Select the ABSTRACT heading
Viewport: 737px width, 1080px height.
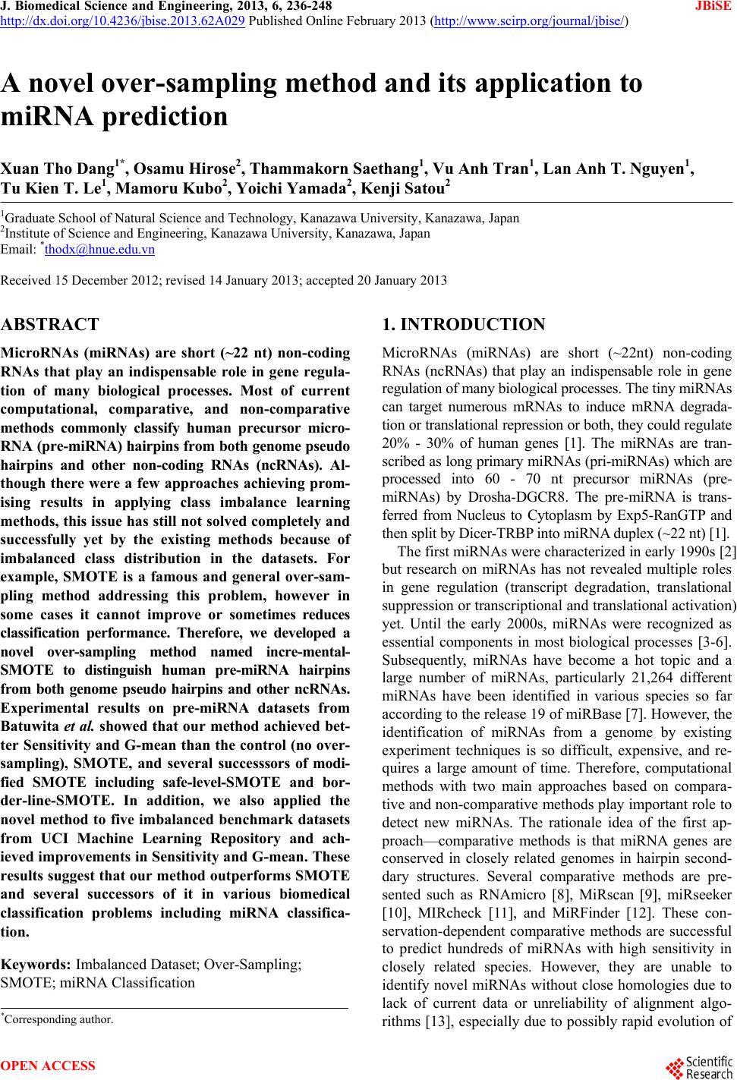50,325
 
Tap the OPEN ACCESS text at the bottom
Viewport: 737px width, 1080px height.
49,1066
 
